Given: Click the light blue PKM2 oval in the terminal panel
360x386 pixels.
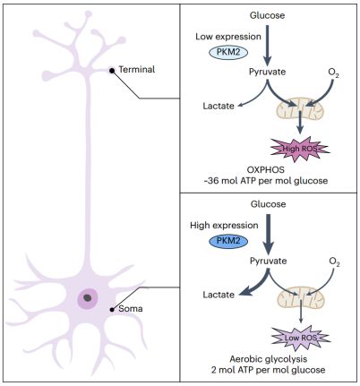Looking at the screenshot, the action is pos(228,53).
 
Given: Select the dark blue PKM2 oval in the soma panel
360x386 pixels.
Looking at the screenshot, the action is pos(228,241).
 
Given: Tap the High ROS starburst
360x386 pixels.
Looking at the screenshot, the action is pos(300,149).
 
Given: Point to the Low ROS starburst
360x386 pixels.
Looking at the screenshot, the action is pos(300,338).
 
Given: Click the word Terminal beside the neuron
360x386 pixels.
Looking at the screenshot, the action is pos(137,70).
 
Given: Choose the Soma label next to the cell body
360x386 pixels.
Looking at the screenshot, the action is pos(131,309).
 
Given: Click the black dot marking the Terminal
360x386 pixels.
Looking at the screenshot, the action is pos(112,71).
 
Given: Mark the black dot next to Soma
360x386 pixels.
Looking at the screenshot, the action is pos(112,310).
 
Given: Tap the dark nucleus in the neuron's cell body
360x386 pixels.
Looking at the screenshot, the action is pos(88,297).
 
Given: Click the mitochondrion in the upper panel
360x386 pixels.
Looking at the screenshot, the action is pos(299,109).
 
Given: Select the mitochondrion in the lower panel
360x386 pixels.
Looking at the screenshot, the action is pos(301,298).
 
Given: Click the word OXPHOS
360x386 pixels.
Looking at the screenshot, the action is pos(266,169).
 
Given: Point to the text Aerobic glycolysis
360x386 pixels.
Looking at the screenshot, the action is pos(269,359).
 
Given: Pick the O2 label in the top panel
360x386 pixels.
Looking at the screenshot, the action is pos(333,73).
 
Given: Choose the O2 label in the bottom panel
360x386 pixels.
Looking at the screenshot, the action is pos(334,262).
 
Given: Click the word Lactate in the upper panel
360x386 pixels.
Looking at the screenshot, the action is pos(219,106).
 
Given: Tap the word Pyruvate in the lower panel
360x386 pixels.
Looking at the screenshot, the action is pos(268,261).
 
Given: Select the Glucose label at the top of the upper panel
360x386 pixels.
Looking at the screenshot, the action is pos(267,15).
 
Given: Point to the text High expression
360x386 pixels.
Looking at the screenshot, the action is pos(224,226).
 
